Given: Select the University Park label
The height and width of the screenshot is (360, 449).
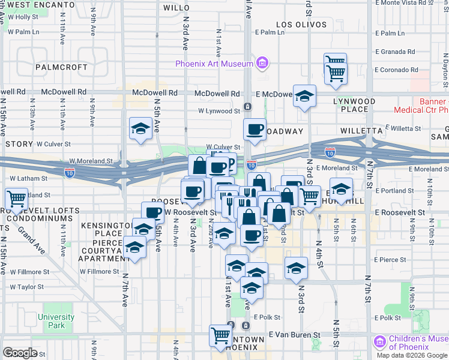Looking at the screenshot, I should click(56, 321).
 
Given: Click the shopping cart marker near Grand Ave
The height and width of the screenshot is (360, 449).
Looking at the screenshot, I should click(16, 198).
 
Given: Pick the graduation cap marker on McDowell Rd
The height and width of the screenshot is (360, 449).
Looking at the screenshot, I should click(305, 95).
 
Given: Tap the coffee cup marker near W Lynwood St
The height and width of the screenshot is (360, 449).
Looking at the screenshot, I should click(255, 129).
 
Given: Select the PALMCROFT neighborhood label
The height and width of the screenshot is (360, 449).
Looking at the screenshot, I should click(61, 67).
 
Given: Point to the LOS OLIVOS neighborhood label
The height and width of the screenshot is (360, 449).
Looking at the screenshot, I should click(301, 25).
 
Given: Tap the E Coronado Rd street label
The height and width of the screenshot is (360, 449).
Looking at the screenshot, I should click(396, 70).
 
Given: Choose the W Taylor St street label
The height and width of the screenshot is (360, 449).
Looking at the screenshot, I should click(27, 287).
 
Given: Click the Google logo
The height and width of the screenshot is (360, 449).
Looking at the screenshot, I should click(20, 352).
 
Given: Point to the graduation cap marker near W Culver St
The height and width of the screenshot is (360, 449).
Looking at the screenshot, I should click(141, 128).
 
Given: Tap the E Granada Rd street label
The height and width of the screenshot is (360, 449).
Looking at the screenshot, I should click(395, 52).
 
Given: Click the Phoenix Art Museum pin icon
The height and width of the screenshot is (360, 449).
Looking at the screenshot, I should click(262, 63).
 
